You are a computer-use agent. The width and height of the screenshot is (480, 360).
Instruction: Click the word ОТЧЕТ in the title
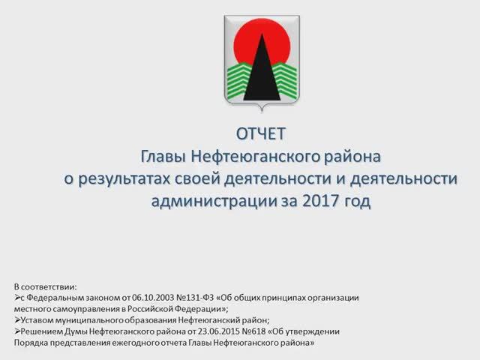[261, 134]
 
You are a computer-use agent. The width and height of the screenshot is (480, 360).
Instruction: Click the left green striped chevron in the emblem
[239, 77]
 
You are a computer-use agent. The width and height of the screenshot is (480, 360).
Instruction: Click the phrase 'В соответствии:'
[45, 286]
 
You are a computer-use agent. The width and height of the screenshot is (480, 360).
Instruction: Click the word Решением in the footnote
[40, 331]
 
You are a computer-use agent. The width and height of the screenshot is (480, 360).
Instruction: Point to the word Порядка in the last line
[31, 342]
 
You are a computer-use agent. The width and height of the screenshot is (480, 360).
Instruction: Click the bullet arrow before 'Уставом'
[17, 319]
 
